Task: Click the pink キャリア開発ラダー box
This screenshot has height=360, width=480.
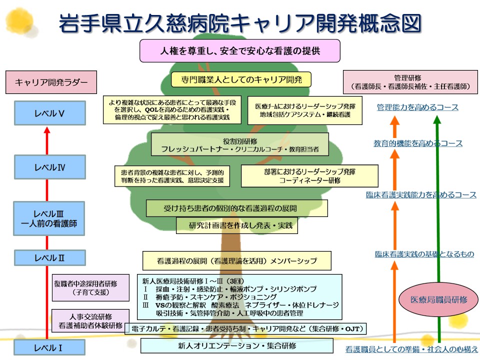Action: pyautogui.click(x=51, y=82)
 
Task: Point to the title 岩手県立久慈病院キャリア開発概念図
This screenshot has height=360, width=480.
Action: pyautogui.click(x=240, y=23)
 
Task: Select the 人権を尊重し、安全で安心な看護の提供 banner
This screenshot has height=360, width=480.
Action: pyautogui.click(x=239, y=51)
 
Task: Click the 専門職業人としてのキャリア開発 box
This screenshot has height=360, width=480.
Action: pyautogui.click(x=240, y=79)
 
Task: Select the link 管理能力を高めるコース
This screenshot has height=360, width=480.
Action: pyautogui.click(x=417, y=107)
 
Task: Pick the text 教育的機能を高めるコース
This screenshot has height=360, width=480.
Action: pyautogui.click(x=418, y=143)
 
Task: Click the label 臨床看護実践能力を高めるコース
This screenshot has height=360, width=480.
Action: pyautogui.click(x=421, y=195)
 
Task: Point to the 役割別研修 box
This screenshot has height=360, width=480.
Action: pyautogui.click(x=240, y=144)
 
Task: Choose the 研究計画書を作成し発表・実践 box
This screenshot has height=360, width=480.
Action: pyautogui.click(x=237, y=225)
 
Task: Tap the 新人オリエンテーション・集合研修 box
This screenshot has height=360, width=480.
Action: pyautogui.click(x=237, y=345)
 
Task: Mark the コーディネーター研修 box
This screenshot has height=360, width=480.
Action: pyautogui.click(x=309, y=176)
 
